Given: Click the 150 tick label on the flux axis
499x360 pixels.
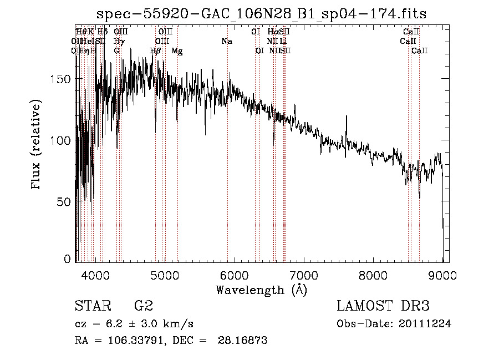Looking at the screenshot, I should (61, 79).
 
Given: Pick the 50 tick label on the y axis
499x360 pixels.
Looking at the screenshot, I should (64, 201).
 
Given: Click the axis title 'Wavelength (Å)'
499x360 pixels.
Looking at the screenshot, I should (261, 290).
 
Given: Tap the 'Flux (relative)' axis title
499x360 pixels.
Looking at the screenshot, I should (37, 145).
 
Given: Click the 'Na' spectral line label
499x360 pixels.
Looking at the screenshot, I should (226, 41).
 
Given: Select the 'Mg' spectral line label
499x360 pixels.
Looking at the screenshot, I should (177, 51).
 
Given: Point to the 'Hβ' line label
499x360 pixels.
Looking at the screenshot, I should (155, 51).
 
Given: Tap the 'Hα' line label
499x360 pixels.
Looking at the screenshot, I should (272, 32).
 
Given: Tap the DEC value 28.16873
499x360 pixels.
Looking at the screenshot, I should (246, 341).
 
